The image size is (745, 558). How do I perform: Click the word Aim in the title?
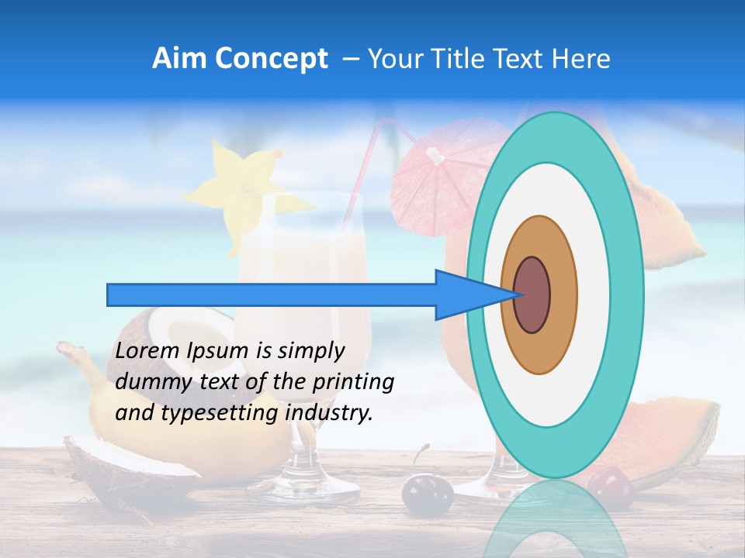click(x=180, y=59)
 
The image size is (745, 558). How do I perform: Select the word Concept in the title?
click(x=272, y=59)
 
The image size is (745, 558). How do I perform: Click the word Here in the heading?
click(x=581, y=59)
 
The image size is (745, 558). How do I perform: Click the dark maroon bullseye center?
click(x=532, y=294)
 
